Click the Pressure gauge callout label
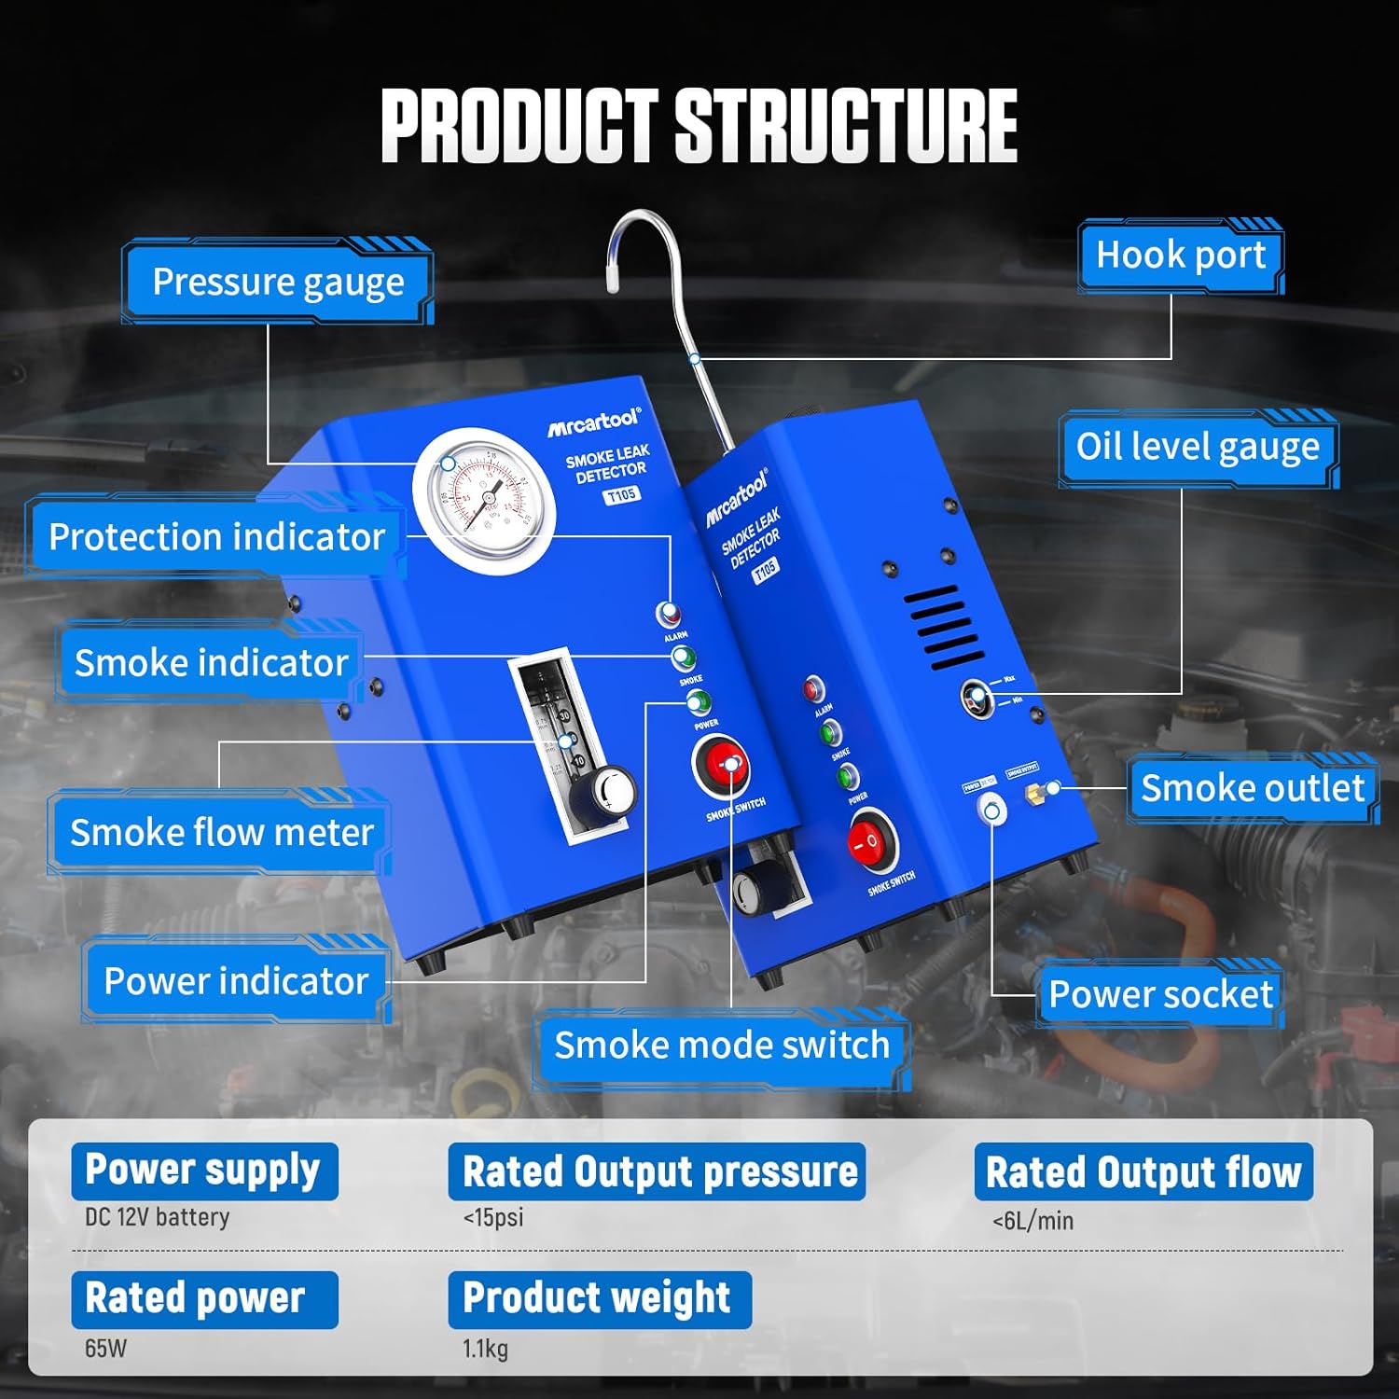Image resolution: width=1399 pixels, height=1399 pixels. (278, 282)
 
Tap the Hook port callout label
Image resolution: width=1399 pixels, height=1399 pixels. (1180, 255)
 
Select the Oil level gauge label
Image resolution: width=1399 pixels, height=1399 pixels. (1198, 447)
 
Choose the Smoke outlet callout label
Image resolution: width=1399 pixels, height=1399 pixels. (1252, 788)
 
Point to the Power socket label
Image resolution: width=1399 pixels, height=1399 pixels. (1160, 994)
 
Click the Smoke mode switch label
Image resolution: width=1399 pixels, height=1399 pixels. (721, 1046)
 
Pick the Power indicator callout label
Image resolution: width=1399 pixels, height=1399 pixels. (236, 981)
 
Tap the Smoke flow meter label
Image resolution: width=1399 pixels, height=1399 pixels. (221, 832)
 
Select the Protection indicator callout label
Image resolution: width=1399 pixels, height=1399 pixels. (216, 537)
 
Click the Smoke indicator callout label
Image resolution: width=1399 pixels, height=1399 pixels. (211, 663)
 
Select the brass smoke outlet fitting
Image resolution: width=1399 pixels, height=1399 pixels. (1035, 793)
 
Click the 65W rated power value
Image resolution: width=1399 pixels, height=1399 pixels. (105, 1349)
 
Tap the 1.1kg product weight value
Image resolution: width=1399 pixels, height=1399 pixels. (485, 1349)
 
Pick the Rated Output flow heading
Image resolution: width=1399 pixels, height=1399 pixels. (1143, 1172)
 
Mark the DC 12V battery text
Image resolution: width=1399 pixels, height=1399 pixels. (157, 1217)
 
